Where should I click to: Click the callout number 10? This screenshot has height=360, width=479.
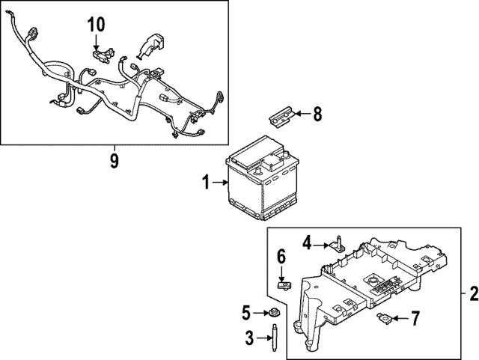(x=97, y=25)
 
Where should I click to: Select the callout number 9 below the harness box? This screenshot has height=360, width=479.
(x=115, y=161)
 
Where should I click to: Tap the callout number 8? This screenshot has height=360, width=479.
(x=317, y=115)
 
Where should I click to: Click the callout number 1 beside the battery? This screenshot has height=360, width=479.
(x=206, y=183)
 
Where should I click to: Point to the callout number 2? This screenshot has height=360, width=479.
(x=474, y=293)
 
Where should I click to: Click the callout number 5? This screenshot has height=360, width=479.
(x=246, y=313)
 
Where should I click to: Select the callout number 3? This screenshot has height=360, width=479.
(x=249, y=338)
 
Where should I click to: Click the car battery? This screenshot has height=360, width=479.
(x=262, y=177)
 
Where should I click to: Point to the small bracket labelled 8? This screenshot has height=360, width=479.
(x=281, y=118)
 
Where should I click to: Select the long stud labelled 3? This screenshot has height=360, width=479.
(x=275, y=338)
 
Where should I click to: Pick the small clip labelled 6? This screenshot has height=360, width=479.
(x=284, y=286)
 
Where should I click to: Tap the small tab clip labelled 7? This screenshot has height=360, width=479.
(x=384, y=318)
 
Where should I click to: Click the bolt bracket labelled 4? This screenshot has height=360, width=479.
(x=336, y=243)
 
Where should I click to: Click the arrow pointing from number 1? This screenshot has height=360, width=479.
(x=220, y=183)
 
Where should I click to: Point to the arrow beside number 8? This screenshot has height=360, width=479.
(x=302, y=114)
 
